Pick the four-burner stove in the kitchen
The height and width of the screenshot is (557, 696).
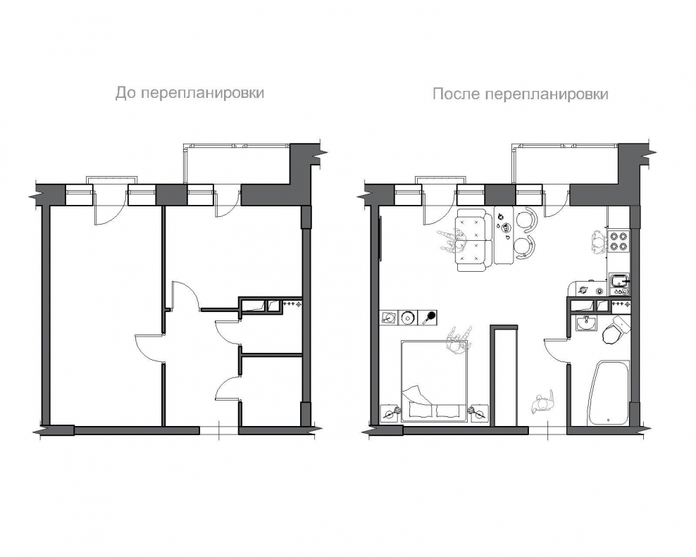[619, 242]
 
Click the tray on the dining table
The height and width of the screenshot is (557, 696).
[504, 227]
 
